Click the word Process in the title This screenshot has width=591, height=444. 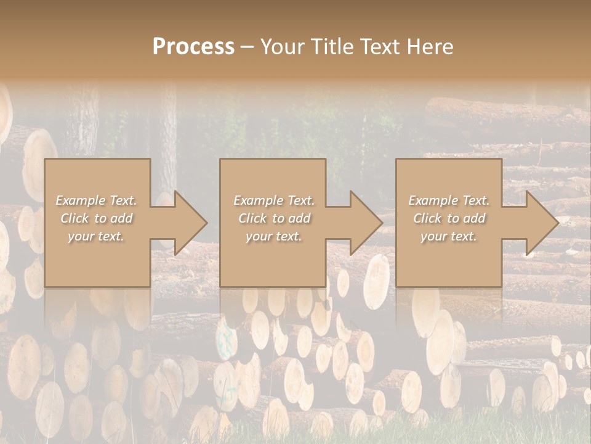point(193,47)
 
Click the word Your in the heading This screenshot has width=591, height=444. point(283,47)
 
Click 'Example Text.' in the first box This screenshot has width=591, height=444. point(96,200)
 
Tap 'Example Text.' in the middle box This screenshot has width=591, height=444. point(273,200)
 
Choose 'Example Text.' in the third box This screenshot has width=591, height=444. point(449,200)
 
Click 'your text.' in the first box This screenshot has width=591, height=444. point(96,236)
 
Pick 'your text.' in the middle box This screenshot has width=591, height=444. point(273,236)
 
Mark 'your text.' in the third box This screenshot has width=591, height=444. point(449,236)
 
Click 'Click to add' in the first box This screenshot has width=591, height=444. point(96,218)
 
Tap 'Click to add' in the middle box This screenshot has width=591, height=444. point(273,218)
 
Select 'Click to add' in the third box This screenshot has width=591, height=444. point(449,218)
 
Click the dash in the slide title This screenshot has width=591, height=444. point(247,47)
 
